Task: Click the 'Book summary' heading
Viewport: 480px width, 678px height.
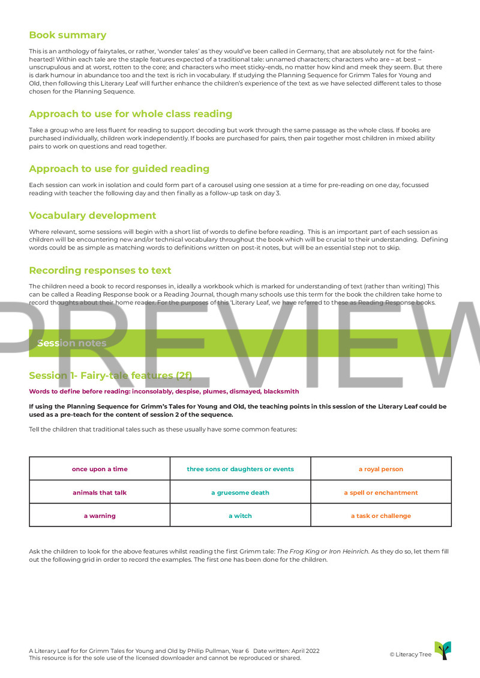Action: click(68, 35)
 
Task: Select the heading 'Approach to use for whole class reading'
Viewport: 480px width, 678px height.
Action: click(130, 114)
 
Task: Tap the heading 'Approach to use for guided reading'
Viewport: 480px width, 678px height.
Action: click(119, 168)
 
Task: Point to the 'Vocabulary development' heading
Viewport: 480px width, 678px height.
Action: click(92, 216)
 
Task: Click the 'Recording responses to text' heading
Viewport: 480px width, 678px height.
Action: click(100, 270)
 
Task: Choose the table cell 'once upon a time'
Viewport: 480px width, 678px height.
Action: click(100, 469)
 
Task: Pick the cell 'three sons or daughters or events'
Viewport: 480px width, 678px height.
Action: click(240, 469)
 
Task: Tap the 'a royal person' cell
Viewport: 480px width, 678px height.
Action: click(381, 469)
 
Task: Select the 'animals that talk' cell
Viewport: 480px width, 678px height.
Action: click(100, 492)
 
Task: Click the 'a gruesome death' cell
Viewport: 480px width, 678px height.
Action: click(240, 492)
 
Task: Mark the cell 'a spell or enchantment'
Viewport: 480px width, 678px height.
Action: click(381, 492)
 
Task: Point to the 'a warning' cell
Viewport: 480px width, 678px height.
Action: click(100, 516)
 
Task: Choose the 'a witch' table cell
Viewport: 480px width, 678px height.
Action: click(240, 516)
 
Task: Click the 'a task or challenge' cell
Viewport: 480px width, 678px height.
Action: click(381, 516)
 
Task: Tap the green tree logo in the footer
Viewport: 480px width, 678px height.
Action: click(443, 650)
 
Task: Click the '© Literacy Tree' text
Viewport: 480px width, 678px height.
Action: click(410, 654)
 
